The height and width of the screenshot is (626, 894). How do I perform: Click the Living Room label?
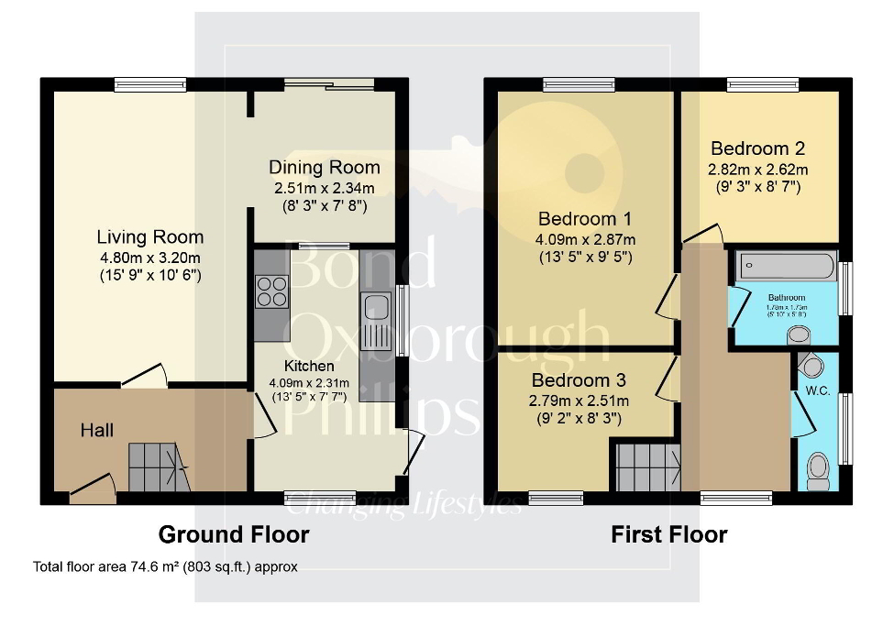click(x=150, y=237)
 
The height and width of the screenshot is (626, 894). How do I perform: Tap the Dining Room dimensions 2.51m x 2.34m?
click(x=325, y=188)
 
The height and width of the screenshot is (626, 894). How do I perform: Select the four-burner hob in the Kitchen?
click(x=272, y=291)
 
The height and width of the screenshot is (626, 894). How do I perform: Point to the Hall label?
click(x=96, y=429)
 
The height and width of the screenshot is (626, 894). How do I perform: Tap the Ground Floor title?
click(x=234, y=534)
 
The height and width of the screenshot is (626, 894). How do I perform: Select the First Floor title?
click(x=668, y=534)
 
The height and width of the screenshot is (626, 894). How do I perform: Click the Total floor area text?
click(x=165, y=567)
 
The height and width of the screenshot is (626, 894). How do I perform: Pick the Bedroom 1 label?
click(x=585, y=219)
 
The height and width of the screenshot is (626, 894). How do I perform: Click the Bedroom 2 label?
click(x=757, y=148)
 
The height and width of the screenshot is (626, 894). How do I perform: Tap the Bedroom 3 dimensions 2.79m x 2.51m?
click(x=579, y=401)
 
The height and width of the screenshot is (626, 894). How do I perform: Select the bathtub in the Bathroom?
click(x=785, y=268)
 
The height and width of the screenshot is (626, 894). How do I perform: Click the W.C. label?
click(x=817, y=391)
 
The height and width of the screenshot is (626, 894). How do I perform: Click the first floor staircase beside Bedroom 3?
click(x=646, y=466)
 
